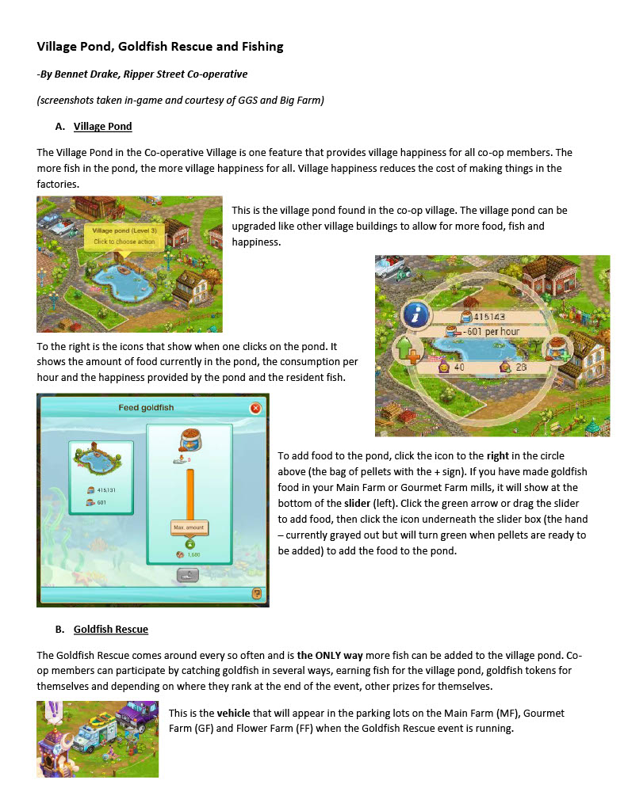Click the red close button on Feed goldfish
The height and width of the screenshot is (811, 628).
tap(255, 408)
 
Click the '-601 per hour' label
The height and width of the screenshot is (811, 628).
tap(492, 331)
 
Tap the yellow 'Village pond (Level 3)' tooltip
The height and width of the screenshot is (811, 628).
tap(124, 235)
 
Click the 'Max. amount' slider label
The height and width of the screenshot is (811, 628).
tap(189, 527)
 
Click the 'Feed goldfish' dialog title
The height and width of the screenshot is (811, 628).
tap(146, 408)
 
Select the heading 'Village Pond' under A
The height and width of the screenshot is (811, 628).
tap(102, 126)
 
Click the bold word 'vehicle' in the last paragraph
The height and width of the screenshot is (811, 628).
tap(233, 713)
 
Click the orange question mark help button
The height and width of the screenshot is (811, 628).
tap(256, 593)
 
